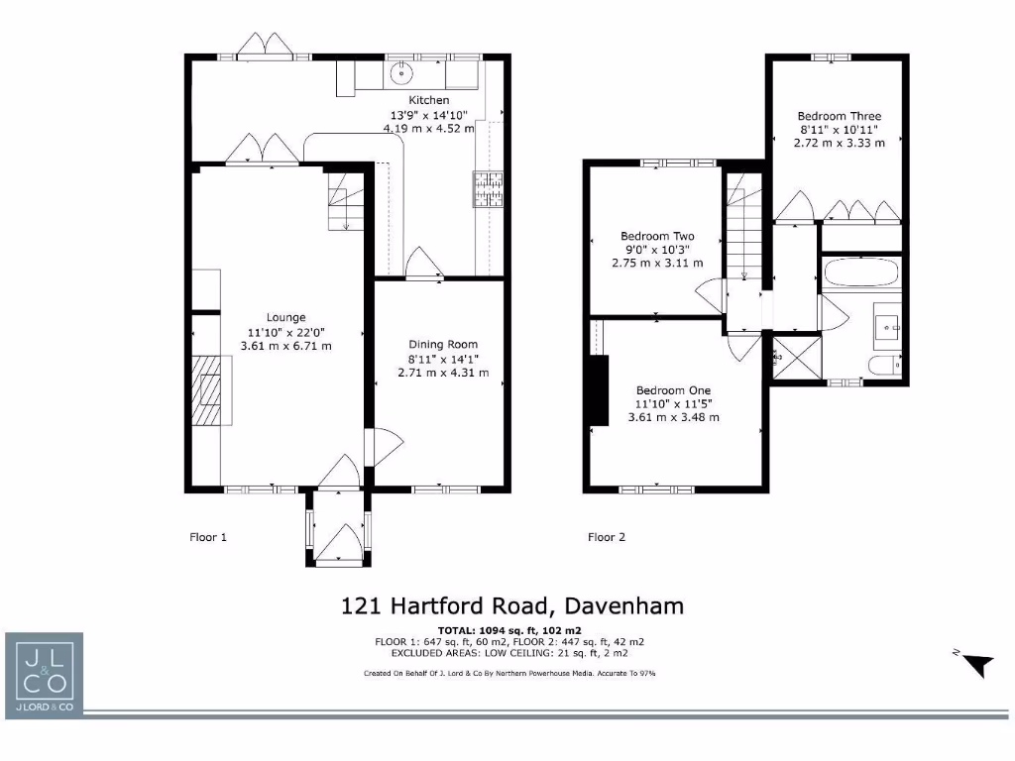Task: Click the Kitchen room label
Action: pos(429,100)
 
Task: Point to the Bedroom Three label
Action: pos(838,116)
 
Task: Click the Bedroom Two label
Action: pos(657,236)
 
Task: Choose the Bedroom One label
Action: pos(673,390)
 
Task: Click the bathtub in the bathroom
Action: pos(861,274)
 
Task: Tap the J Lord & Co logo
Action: pos(44,674)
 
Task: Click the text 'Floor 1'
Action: pos(208,537)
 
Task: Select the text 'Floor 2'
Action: pos(607,537)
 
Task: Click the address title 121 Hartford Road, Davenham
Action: pos(512,604)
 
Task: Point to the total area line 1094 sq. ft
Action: pos(509,630)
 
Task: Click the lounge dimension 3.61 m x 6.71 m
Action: pos(285,346)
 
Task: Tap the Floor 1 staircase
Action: pos(345,200)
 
